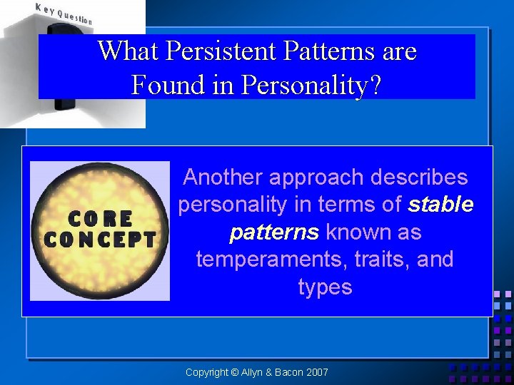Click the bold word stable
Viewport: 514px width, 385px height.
coord(440,205)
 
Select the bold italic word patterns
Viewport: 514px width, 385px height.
coord(274,232)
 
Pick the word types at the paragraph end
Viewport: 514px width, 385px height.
coord(325,287)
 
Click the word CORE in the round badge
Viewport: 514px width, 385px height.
coord(99,218)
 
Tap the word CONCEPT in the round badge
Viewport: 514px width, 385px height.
coord(99,239)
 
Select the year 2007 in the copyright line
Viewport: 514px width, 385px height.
coord(316,372)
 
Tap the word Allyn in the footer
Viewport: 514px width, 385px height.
coord(252,372)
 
